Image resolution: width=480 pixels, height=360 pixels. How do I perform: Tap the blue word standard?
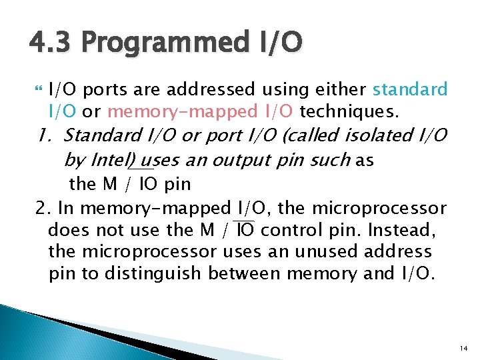pyautogui.click(x=410, y=89)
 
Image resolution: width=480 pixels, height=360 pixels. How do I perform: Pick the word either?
pyautogui.click(x=340, y=89)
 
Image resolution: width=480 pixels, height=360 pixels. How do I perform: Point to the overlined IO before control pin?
pyautogui.click(x=245, y=231)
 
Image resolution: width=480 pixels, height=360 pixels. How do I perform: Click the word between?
pyautogui.click(x=245, y=273)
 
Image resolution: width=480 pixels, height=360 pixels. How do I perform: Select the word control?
pyautogui.click(x=286, y=231)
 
